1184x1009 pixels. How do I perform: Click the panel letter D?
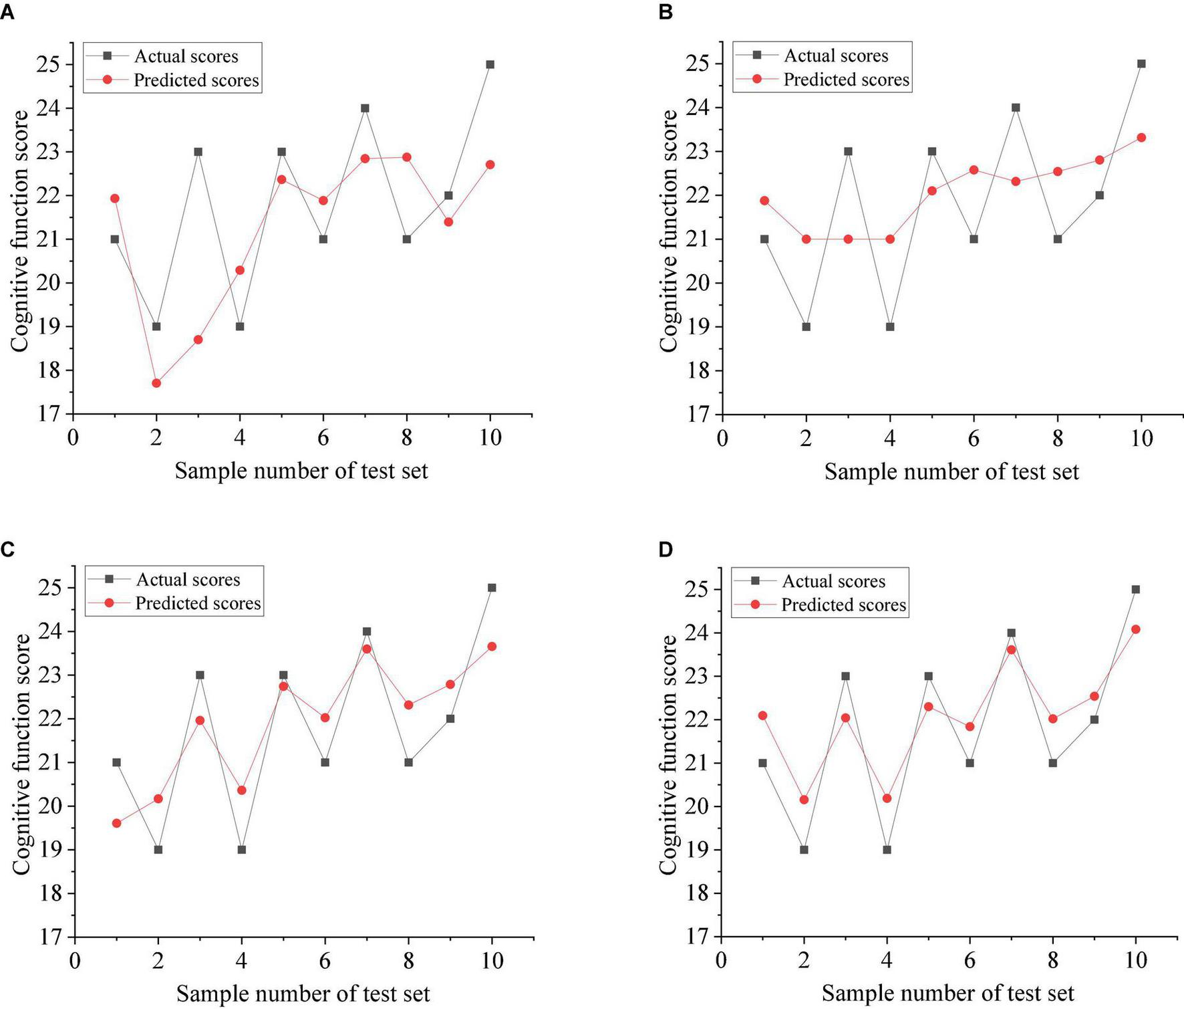pos(665,550)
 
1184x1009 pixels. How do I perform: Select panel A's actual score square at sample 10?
pos(490,65)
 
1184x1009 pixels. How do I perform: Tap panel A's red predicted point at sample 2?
pos(156,383)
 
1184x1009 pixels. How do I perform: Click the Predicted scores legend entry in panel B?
pos(845,80)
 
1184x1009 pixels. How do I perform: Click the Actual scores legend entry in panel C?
pos(188,580)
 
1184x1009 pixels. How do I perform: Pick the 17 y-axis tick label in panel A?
pos(49,415)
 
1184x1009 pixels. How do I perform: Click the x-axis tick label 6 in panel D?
pos(970,961)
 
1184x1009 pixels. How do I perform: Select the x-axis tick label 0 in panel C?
pos(75,962)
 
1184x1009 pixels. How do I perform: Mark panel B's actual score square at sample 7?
pos(1016,108)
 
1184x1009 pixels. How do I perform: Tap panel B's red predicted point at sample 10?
pos(1141,138)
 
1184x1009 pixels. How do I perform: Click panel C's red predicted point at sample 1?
pos(116,823)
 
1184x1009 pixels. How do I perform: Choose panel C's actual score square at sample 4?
pos(241,850)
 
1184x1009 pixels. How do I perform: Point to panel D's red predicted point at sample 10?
pos(1135,629)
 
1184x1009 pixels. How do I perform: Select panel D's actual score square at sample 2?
pos(804,850)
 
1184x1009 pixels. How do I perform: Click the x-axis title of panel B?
pos(951,472)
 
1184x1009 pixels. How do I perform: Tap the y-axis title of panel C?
pos(22,754)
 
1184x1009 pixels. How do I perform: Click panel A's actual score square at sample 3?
pos(198,152)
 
